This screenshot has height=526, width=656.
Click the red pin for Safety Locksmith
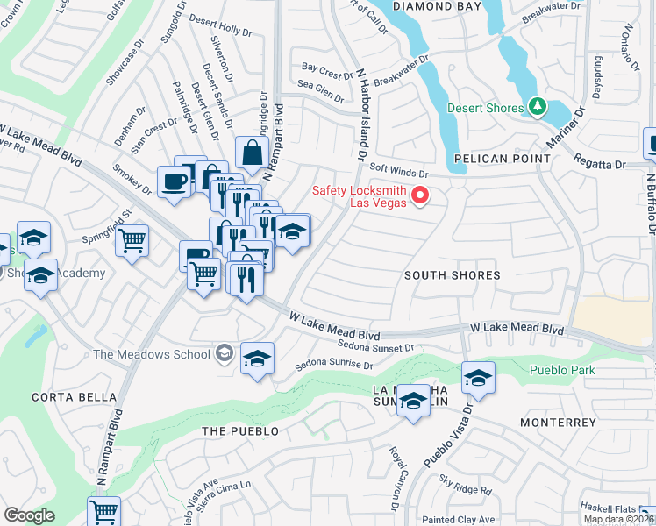tap(419, 195)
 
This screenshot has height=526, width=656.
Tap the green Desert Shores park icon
tap(538, 108)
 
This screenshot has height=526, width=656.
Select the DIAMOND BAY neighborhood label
tap(438, 6)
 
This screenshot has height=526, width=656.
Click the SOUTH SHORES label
tap(452, 275)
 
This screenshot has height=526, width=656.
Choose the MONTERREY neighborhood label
tap(558, 423)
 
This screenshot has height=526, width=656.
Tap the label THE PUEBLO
tap(239, 431)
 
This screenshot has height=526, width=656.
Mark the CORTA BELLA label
tap(57, 396)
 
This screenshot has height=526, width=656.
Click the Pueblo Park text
tap(562, 370)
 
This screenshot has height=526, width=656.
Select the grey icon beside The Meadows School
tap(225, 353)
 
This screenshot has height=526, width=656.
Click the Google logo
tap(29, 515)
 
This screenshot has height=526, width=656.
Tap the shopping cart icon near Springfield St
tap(132, 238)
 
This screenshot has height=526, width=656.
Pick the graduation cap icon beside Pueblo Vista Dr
tap(478, 378)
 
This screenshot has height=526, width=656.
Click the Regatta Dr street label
tap(600, 164)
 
